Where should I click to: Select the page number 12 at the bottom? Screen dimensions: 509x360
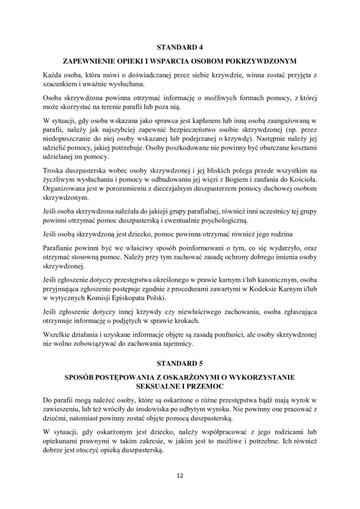click(180, 476)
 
